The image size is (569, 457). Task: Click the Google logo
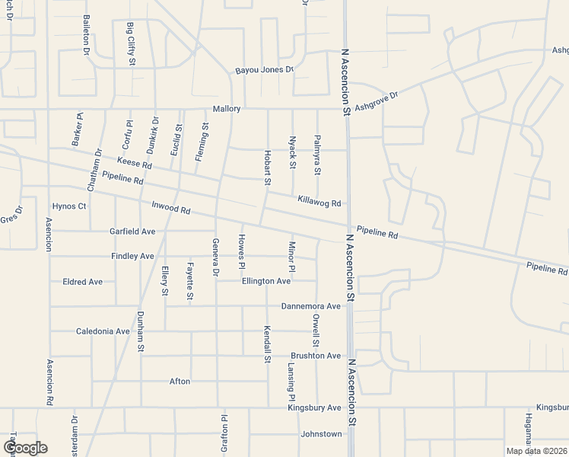(24, 448)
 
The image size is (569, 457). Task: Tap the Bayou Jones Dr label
(263, 69)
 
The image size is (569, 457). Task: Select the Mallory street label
(227, 109)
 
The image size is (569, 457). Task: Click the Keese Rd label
(135, 164)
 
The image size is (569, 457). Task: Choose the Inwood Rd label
(170, 206)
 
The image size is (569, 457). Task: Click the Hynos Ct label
(69, 206)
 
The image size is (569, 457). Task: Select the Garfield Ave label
(132, 231)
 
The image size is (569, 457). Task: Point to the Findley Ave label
(132, 256)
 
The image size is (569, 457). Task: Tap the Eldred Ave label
(82, 281)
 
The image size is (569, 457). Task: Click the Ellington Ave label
(266, 281)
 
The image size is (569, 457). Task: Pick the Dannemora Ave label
(310, 306)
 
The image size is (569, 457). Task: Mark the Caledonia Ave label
(103, 331)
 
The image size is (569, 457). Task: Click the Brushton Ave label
(316, 356)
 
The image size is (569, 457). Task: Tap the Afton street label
(180, 381)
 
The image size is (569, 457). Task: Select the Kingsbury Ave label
(314, 407)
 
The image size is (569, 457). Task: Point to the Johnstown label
(322, 434)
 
